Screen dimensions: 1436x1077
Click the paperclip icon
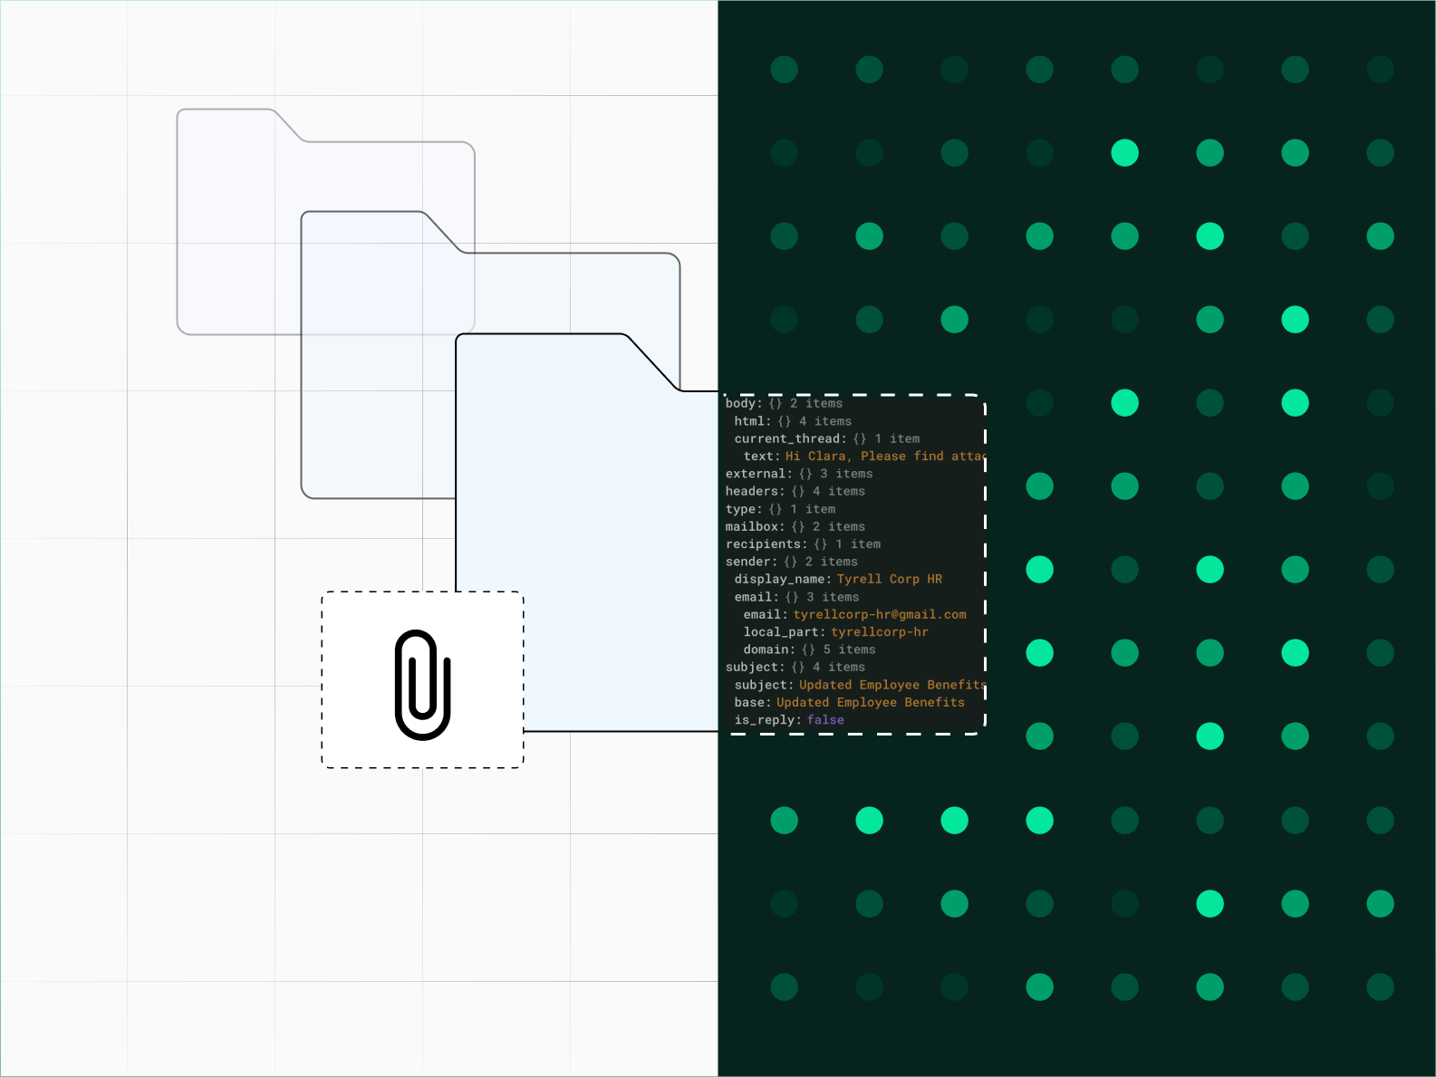[423, 684]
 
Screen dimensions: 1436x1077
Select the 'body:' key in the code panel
[743, 403]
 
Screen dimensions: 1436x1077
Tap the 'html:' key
[752, 421]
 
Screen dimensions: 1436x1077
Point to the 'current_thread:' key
[790, 438]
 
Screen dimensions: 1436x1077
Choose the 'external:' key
[757, 474]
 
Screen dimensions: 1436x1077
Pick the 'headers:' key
[755, 491]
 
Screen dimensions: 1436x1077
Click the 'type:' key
[743, 509]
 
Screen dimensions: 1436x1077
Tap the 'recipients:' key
[766, 544]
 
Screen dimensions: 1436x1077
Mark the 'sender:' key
[751, 562]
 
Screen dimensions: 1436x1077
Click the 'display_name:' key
[782, 579]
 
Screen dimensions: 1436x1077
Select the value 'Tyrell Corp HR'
[890, 579]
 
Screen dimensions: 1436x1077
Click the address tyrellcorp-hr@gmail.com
[880, 614]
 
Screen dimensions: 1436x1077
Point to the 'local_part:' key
[784, 632]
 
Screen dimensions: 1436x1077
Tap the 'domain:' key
[768, 649]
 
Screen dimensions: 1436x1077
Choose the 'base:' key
[752, 703]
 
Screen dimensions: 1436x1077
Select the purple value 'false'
[825, 720]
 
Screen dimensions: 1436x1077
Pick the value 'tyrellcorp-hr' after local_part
[879, 632]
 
